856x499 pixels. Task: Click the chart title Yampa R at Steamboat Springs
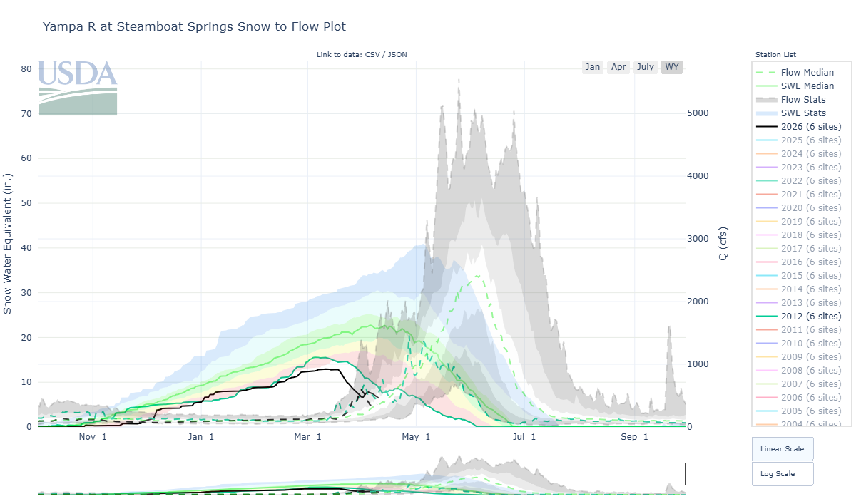(194, 27)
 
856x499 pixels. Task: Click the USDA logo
(78, 88)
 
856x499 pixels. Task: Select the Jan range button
(593, 67)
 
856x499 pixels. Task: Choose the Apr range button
(618, 67)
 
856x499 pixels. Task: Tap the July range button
(646, 67)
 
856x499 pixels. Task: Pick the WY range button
(672, 67)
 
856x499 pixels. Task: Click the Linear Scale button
(783, 449)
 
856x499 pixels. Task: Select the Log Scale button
(783, 473)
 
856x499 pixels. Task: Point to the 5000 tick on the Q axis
(698, 113)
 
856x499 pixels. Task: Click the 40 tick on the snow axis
(27, 248)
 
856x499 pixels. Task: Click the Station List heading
(775, 55)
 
